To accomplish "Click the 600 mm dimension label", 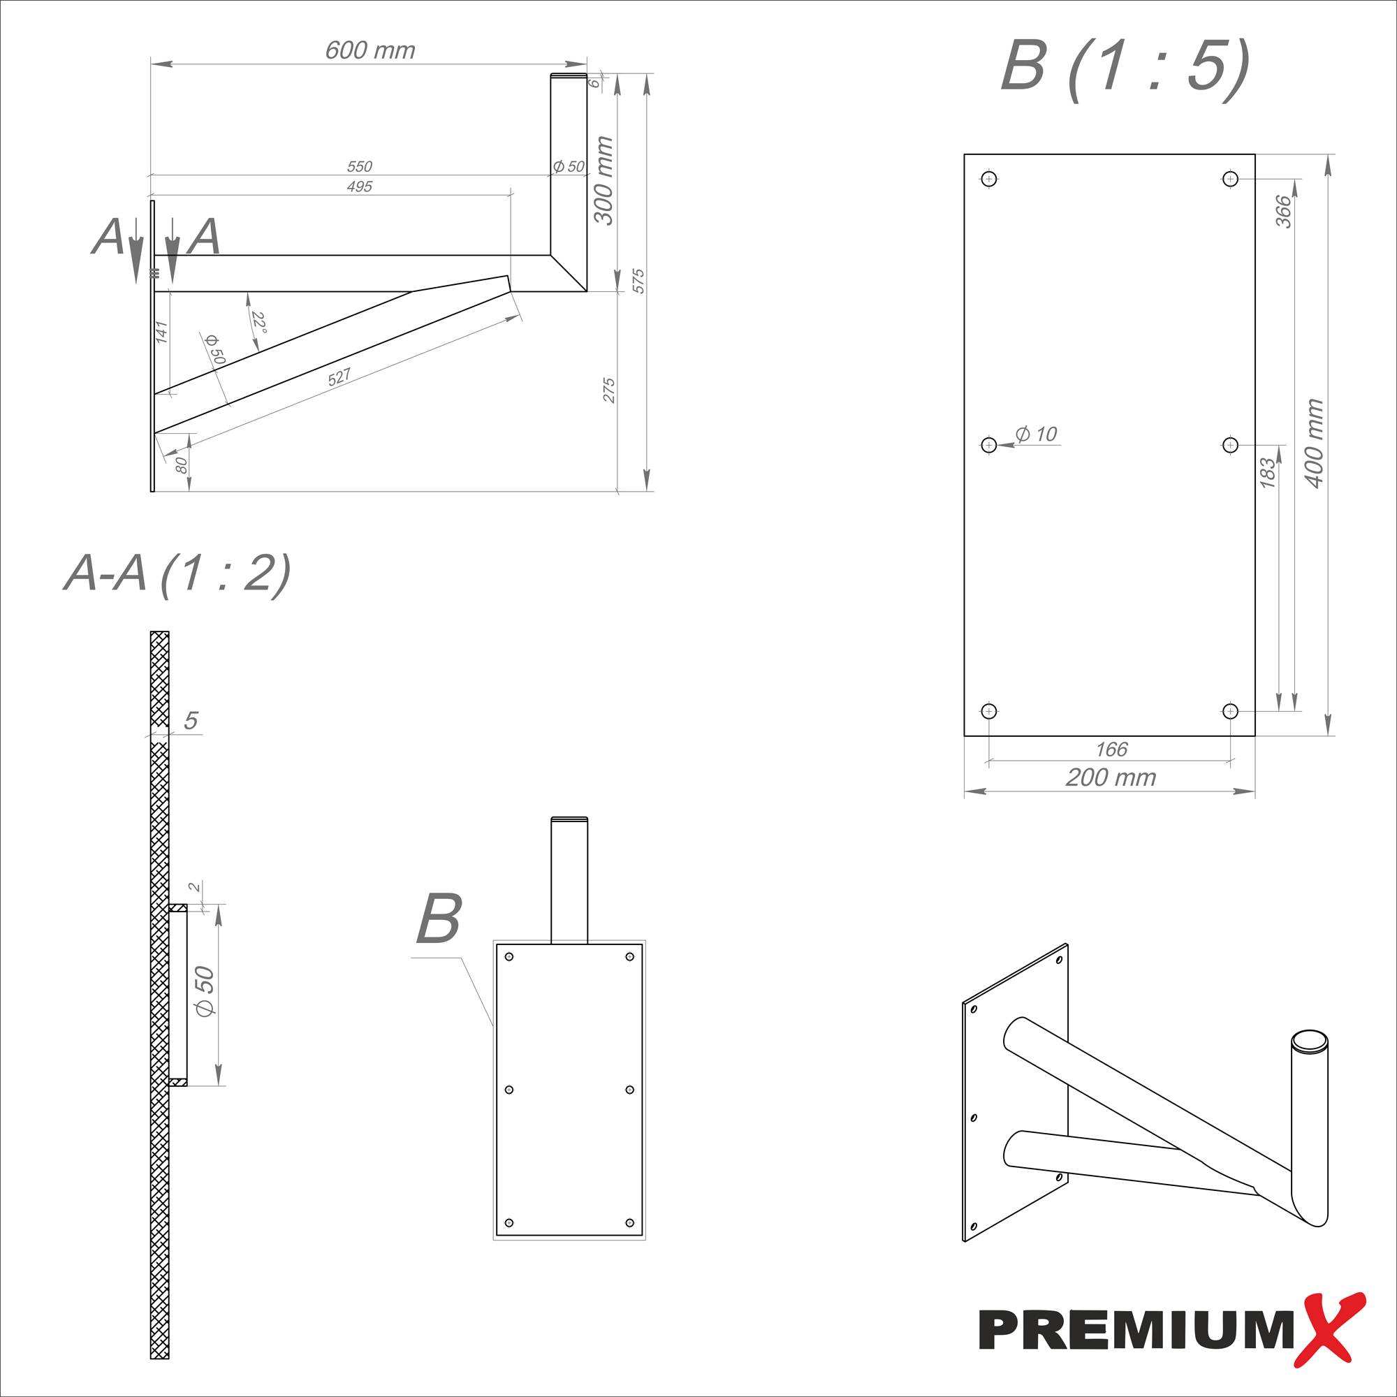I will click(370, 50).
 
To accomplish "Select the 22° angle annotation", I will click(259, 323).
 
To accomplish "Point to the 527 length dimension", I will click(339, 376).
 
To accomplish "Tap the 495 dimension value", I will click(359, 186).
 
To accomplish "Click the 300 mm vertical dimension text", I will click(603, 181).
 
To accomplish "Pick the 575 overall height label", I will click(638, 281).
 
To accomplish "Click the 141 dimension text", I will click(161, 332).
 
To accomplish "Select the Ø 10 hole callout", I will click(1035, 434).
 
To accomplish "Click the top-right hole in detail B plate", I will click(1230, 179).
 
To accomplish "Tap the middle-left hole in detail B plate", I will click(989, 445).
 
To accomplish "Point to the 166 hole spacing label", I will click(1111, 749).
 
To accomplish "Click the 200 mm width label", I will click(1111, 777).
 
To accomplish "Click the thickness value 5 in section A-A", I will click(191, 720).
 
